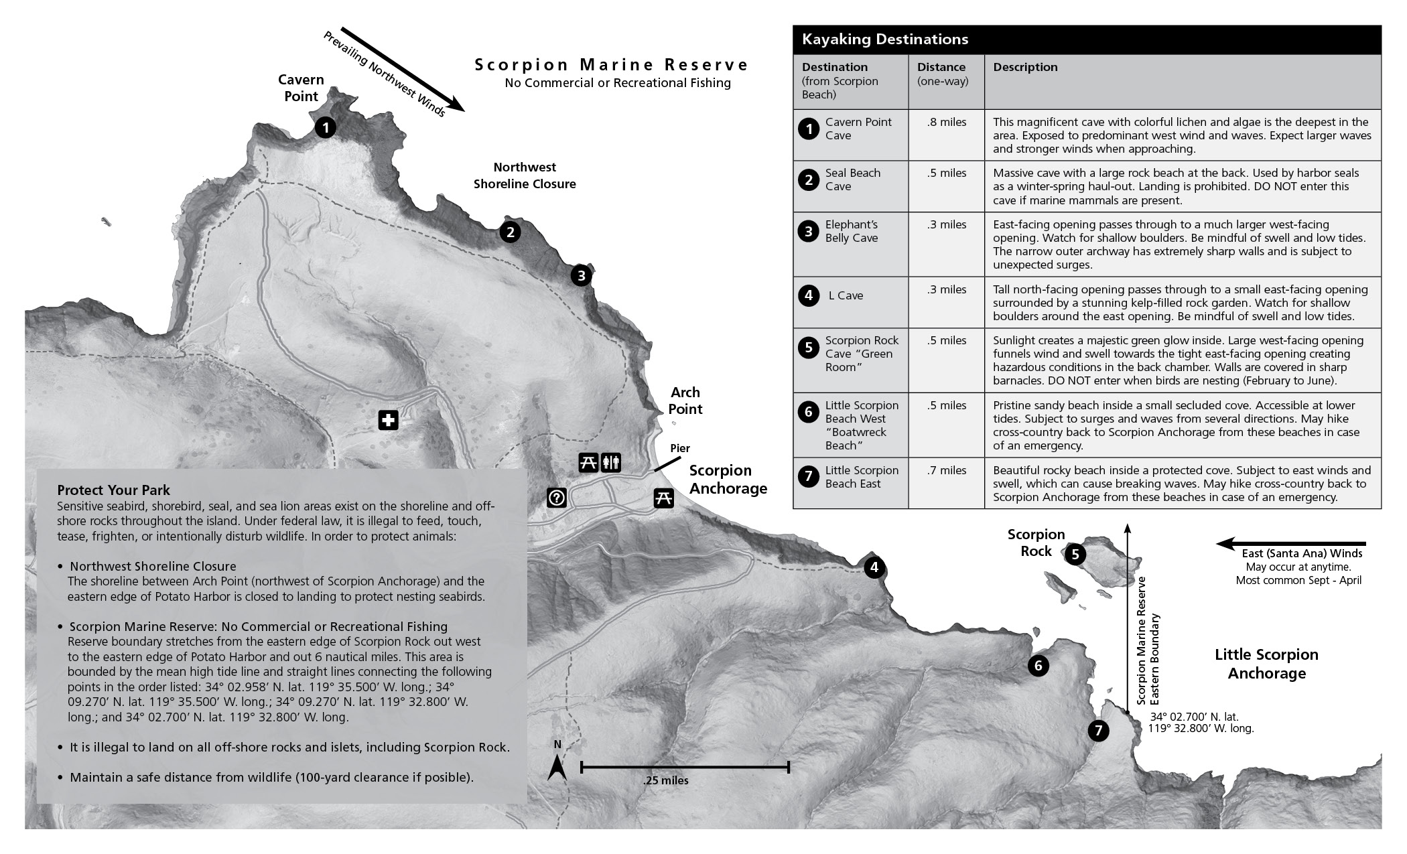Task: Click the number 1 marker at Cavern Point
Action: click(x=325, y=127)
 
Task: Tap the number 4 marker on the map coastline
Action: click(x=874, y=569)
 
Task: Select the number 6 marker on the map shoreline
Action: click(x=1038, y=666)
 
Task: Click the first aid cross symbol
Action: click(x=388, y=421)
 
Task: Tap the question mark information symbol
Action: click(x=557, y=498)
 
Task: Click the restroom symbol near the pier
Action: click(x=611, y=462)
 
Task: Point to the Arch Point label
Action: click(x=685, y=401)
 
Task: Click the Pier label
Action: click(x=679, y=448)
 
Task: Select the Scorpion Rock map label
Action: click(x=1036, y=543)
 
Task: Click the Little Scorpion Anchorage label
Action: click(x=1266, y=664)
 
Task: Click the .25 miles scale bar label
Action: click(x=665, y=780)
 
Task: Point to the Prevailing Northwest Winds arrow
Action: click(x=402, y=69)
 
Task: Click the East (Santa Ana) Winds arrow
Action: click(x=1290, y=544)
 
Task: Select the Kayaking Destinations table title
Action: click(x=884, y=40)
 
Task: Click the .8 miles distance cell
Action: click(x=947, y=122)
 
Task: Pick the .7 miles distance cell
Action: click(x=947, y=470)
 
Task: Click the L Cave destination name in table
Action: click(x=846, y=295)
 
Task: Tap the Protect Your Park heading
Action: click(x=114, y=490)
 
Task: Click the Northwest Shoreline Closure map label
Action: click(x=525, y=175)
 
